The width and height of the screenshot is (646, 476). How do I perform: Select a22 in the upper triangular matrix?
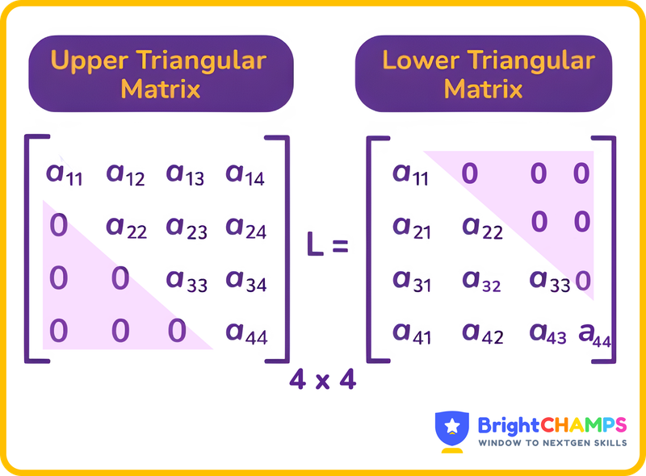coord(126,228)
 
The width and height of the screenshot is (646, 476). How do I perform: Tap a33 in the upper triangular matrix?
coord(187,280)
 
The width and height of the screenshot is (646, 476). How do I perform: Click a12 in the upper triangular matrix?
coord(126,173)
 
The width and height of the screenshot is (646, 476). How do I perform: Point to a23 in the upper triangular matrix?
coord(187,228)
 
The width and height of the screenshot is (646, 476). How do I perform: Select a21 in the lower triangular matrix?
coord(411,228)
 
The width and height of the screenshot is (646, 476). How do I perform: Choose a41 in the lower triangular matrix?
coord(411,332)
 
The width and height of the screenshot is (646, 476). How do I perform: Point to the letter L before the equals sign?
coord(315,244)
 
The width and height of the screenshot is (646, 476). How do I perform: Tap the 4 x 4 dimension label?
coord(322,379)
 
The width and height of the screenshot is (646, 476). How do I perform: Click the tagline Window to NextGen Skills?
coord(552,443)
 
